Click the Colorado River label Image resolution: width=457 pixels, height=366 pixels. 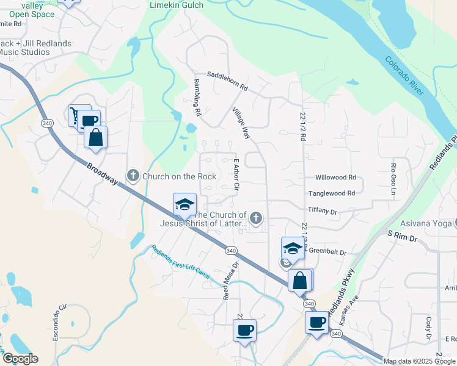[x=404, y=76]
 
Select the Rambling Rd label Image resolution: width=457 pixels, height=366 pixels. [x=197, y=97]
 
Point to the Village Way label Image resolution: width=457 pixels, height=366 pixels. [x=241, y=123]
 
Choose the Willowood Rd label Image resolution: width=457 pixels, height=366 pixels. [x=335, y=178]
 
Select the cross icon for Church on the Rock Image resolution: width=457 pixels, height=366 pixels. [x=133, y=176]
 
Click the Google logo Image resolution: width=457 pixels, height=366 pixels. [x=20, y=359]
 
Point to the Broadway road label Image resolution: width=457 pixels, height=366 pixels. [x=101, y=174]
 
